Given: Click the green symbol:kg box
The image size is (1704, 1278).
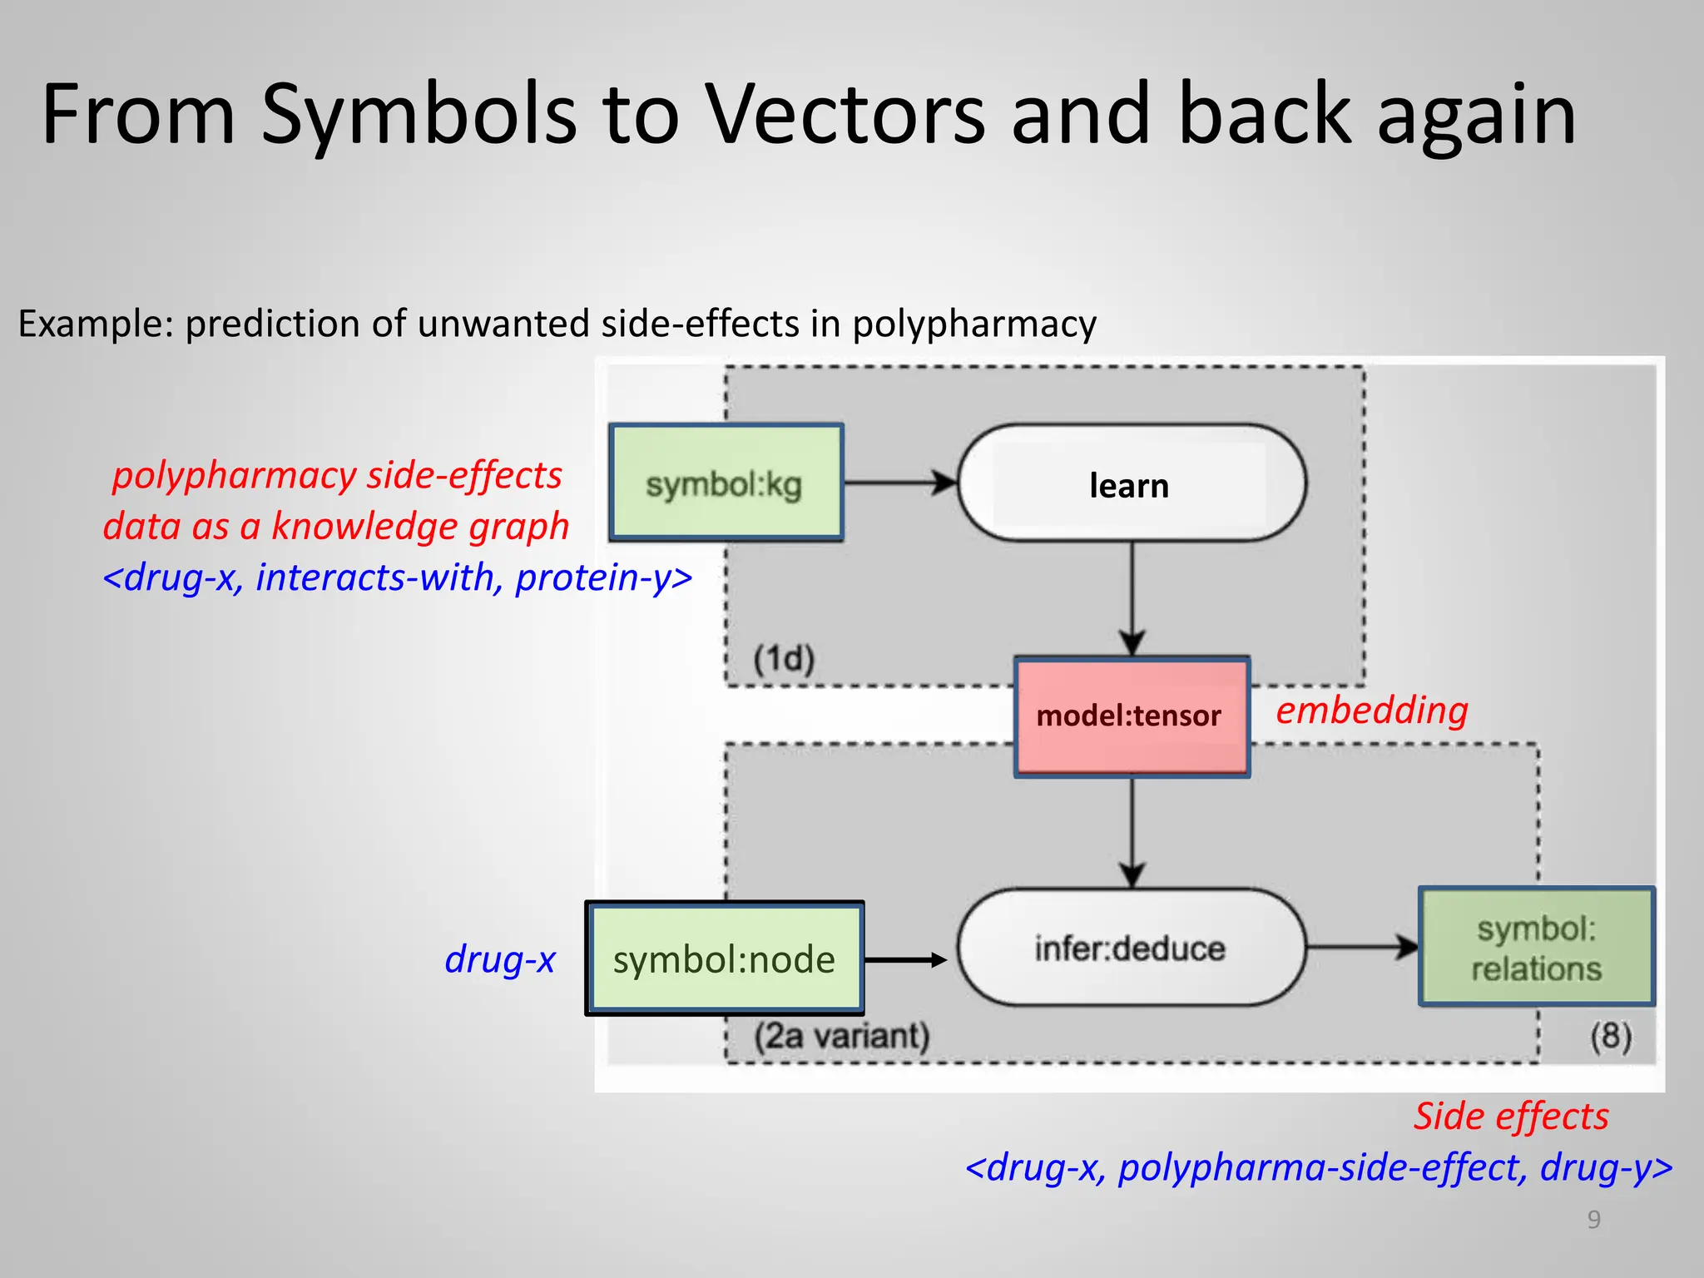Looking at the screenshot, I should point(726,483).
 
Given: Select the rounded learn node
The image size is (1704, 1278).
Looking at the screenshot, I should point(1131,484).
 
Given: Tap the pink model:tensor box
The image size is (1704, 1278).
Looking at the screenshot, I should point(1131,716).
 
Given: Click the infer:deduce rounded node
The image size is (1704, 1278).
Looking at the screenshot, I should point(1131,948).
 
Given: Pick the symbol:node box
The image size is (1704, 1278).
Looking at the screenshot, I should point(724,959).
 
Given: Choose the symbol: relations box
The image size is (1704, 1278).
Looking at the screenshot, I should point(1536,948).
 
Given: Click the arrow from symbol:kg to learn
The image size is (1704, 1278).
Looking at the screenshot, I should point(899,483).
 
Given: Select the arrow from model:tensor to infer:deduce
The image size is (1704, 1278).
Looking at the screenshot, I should point(1132,832).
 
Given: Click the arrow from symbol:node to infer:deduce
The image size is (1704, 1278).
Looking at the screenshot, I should point(905,960).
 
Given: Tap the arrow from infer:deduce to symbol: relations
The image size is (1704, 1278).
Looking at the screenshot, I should point(1361,947).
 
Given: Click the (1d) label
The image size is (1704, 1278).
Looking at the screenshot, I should point(784,659).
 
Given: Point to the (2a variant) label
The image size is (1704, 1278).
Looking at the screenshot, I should point(841,1037).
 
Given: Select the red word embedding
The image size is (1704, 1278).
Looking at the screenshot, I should point(1371,711).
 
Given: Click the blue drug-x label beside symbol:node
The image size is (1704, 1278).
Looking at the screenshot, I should point(499,959).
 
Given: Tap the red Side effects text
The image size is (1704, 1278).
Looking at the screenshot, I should point(1511,1117).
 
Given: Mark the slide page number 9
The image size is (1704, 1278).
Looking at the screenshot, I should point(1593,1220).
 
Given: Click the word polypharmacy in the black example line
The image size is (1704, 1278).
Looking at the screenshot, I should point(973,324).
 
